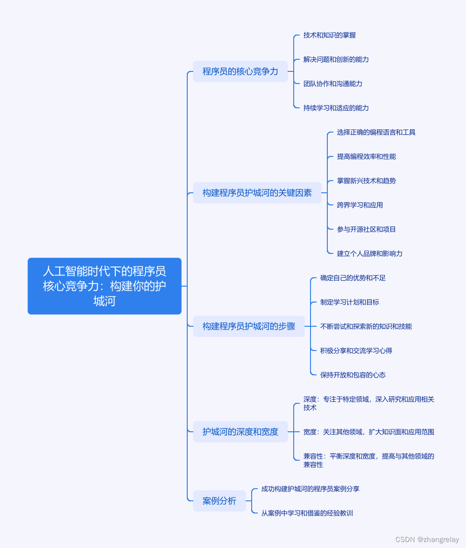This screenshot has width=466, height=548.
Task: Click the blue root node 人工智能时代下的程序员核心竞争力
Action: [x=104, y=286]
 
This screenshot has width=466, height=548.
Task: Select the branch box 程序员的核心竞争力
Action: [x=240, y=71]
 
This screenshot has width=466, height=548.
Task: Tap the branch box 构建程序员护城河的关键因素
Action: [x=257, y=193]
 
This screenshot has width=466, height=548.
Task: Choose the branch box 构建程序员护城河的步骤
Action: [x=248, y=326]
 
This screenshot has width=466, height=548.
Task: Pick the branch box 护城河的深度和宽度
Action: [x=240, y=432]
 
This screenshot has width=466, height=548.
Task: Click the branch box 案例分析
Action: [x=219, y=501]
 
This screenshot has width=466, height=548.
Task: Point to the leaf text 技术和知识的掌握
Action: [x=329, y=35]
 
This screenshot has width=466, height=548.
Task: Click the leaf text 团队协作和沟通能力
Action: [x=332, y=84]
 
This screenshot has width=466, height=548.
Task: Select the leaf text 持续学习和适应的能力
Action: [x=336, y=108]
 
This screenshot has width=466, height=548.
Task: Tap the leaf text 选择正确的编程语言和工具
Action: [x=376, y=132]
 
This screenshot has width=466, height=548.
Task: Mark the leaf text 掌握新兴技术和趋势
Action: [x=366, y=181]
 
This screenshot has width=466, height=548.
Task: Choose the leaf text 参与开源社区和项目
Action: [x=366, y=229]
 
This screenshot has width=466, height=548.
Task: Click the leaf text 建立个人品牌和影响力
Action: [x=369, y=253]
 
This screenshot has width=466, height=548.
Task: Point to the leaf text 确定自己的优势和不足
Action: [x=353, y=278]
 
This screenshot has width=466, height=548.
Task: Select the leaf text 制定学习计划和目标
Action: [x=349, y=302]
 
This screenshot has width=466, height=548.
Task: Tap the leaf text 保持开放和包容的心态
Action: [x=353, y=375]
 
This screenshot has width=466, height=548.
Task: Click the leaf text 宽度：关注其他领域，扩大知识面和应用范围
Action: [x=368, y=432]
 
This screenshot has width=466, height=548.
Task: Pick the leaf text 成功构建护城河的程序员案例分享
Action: [x=310, y=489]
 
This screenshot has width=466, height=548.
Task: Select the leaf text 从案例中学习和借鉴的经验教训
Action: [x=307, y=513]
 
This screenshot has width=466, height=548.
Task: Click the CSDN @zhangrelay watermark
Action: [x=427, y=539]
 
